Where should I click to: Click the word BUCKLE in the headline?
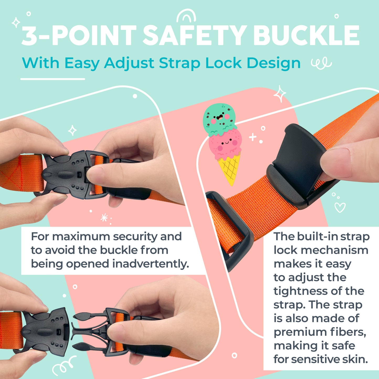(306, 36)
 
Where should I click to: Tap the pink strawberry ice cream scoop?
(225, 144)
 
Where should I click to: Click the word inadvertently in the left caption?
(151, 264)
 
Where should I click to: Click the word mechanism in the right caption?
(334, 250)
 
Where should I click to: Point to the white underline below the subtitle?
(52, 79)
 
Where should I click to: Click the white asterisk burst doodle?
(104, 217)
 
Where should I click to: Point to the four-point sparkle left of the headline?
(16, 22)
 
